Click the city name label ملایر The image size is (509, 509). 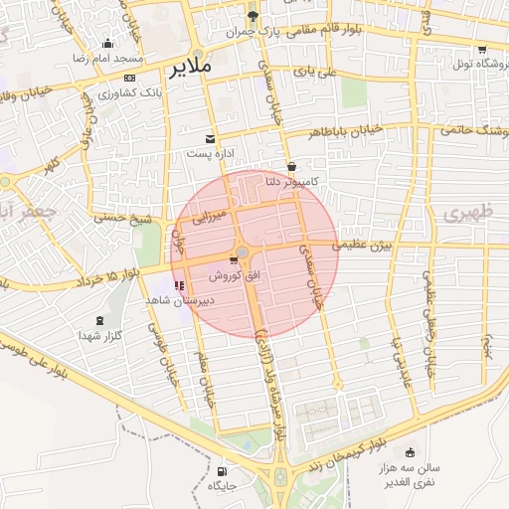pos(189,68)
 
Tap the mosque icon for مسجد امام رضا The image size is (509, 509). pos(108,44)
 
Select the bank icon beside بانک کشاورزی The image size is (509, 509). pos(129,78)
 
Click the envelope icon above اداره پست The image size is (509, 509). pos(210,139)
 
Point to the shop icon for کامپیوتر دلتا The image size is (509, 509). pos(291,167)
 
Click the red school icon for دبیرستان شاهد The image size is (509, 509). pos(179,285)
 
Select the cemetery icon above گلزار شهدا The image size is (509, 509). pos(98,320)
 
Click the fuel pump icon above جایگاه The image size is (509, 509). pos(221,471)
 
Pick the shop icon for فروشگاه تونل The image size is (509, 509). pos(482,50)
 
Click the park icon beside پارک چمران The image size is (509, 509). pos(254,16)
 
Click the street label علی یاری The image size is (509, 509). pos(316,72)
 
